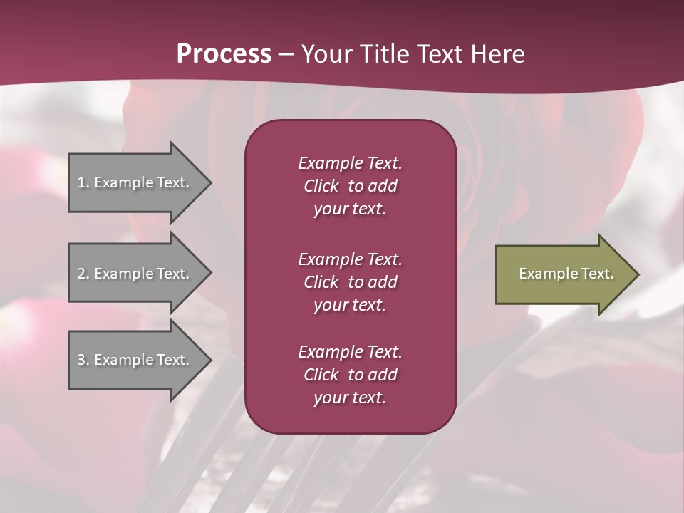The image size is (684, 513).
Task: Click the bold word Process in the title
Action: [224, 54]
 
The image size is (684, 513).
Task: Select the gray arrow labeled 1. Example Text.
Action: [135, 182]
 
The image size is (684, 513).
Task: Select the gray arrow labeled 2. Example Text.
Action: [135, 274]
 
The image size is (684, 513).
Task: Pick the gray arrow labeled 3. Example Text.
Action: [135, 360]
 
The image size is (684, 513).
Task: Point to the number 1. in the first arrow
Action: [83, 182]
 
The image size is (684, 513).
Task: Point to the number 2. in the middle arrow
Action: [83, 274]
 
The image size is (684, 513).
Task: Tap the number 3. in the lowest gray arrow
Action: [83, 360]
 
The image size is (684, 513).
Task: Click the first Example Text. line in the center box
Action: [350, 163]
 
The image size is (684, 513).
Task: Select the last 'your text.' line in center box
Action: [350, 398]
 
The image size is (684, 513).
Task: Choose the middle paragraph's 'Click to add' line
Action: [350, 282]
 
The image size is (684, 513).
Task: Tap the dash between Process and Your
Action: [286, 54]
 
